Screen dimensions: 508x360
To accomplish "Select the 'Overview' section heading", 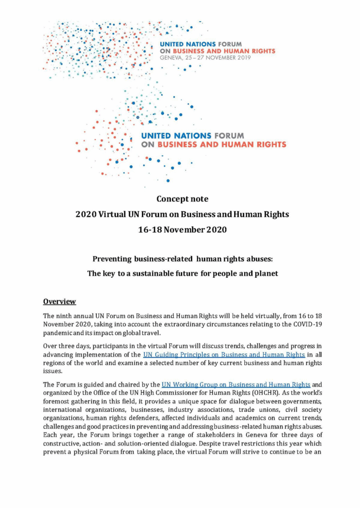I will click(x=59, y=301).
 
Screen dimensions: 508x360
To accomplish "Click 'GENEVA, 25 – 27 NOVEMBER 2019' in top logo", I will click(x=205, y=58).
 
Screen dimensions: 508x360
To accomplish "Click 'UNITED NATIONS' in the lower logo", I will click(x=176, y=135).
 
